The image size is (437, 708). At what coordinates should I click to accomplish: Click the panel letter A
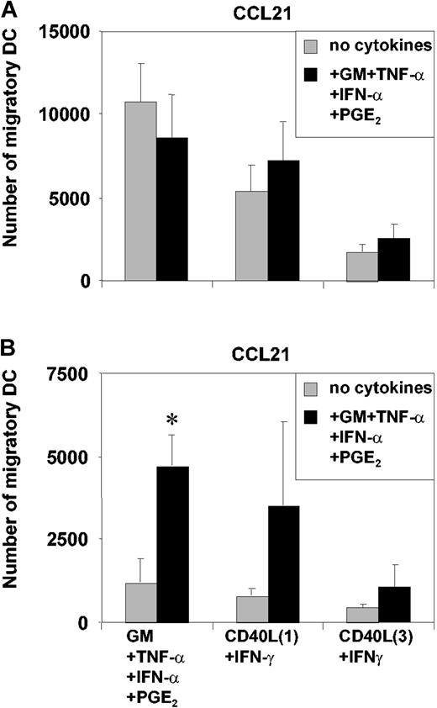9,9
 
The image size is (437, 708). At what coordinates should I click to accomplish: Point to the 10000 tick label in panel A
72,114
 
